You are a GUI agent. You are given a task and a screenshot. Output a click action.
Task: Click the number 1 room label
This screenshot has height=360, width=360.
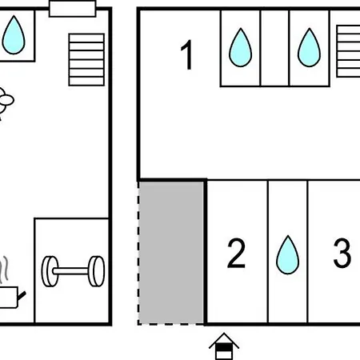[x=187, y=54]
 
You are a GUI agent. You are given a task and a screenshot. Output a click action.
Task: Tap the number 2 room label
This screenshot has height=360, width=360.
[x=236, y=253]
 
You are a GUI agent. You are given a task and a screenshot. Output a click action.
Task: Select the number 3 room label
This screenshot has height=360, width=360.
[x=342, y=253]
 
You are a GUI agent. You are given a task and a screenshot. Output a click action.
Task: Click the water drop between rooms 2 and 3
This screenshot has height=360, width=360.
[x=288, y=254]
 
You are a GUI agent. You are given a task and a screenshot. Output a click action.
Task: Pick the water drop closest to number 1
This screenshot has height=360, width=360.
[x=240, y=47]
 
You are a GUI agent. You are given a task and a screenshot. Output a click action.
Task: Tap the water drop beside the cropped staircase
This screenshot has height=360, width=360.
[x=309, y=47]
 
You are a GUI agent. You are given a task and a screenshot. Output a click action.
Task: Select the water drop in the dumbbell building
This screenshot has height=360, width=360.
[x=14, y=35]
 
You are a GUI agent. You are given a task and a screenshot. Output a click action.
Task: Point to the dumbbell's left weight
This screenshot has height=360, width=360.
[x=50, y=271]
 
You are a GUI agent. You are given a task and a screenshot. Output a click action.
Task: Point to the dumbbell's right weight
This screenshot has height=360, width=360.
[x=96, y=271]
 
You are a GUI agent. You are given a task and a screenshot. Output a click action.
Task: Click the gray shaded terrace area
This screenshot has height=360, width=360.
[x=171, y=253]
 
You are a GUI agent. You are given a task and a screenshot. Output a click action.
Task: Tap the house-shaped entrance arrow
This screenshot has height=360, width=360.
[x=224, y=346]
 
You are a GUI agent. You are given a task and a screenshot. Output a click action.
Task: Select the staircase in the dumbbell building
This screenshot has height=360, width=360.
[x=86, y=60]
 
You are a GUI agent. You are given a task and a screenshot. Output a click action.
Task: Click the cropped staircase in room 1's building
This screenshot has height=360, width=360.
[x=348, y=51]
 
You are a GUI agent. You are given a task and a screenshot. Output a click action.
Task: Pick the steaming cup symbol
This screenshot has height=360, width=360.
[x=10, y=297]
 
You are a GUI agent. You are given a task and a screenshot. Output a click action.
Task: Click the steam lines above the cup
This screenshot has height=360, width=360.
[x=5, y=270]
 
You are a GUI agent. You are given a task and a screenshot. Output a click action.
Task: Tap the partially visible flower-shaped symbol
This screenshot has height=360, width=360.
[x=6, y=102]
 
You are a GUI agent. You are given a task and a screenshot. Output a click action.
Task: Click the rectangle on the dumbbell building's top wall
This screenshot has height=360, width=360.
[x=72, y=9]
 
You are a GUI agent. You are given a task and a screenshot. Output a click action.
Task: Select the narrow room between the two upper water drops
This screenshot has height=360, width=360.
[x=274, y=48]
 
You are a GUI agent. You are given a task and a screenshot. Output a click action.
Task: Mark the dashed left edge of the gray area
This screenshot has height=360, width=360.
[x=138, y=253]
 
